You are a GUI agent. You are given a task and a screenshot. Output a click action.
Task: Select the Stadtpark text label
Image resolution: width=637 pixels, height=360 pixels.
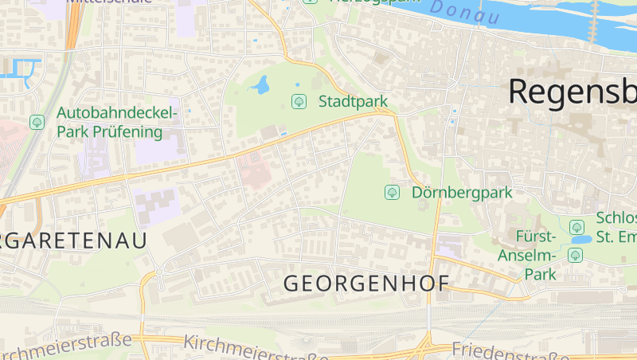coord(353,101)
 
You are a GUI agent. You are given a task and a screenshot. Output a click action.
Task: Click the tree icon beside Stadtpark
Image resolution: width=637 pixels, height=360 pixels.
coord(299,101)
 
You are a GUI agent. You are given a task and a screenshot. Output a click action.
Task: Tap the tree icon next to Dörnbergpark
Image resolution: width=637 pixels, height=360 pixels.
coord(392,192)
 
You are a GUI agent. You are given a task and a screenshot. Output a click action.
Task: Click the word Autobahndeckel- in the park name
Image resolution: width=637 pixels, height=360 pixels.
coord(119,113)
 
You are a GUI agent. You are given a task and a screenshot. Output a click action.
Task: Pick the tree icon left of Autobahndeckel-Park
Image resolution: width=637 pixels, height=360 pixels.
coord(37,122)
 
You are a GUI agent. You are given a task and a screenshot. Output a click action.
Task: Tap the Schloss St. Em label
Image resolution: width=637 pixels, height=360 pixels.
coord(616,227)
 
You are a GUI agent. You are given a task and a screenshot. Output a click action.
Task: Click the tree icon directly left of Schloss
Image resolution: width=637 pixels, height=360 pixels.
coord(576,227)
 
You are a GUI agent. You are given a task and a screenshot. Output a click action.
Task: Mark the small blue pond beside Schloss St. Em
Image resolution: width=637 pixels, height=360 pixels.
coord(582,239)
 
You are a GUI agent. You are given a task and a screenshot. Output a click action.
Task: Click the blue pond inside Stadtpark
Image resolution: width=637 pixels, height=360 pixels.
coord(260,84)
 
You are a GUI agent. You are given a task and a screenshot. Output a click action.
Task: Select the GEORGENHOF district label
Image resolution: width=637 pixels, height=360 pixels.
coord(366,283)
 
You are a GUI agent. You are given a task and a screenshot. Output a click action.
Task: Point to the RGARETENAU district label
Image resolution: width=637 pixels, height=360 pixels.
coord(73,241)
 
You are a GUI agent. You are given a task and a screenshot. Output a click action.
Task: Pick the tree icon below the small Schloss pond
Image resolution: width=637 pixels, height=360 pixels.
coord(576,255)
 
